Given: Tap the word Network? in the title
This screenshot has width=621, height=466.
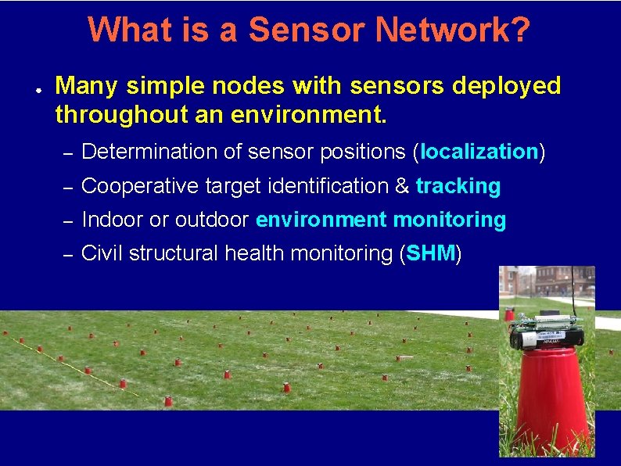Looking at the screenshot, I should (x=453, y=30).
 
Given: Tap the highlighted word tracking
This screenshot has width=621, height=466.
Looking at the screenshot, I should (x=458, y=186).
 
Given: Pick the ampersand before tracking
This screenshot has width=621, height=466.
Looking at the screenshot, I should (x=402, y=186).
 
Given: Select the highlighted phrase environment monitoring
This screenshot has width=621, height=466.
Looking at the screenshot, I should (x=381, y=220).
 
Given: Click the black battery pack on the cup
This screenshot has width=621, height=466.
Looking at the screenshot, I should (x=547, y=337).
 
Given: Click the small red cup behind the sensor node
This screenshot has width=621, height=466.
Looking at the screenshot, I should (x=510, y=315).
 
